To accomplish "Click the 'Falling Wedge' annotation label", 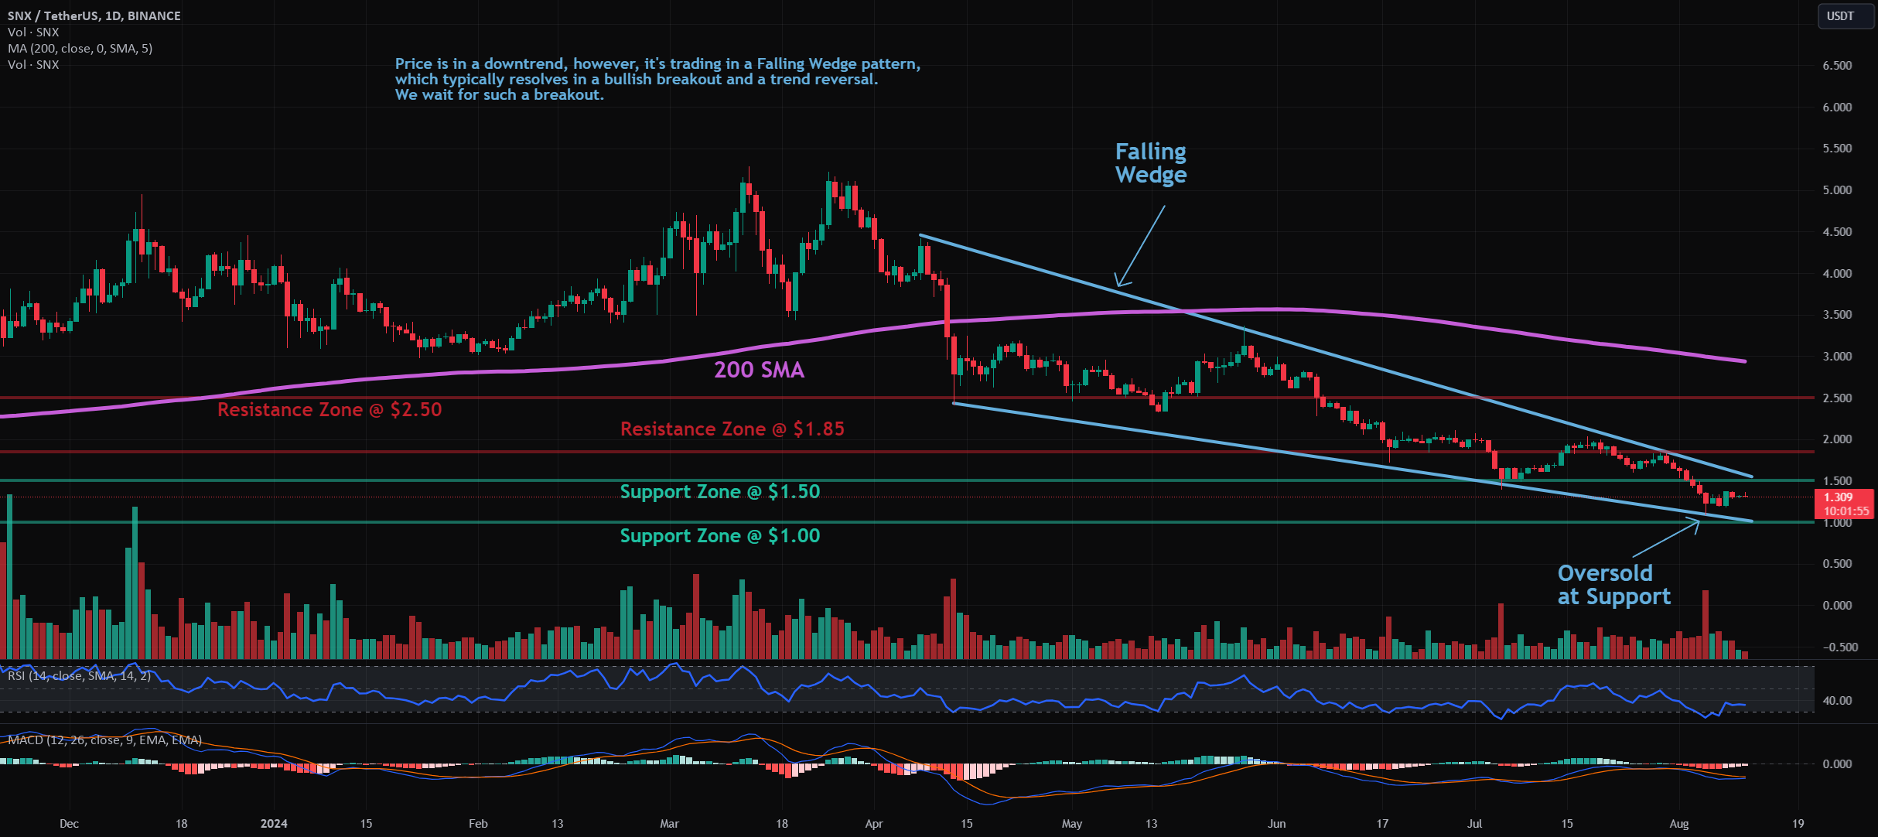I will click(1150, 163).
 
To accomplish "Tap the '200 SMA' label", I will click(759, 370).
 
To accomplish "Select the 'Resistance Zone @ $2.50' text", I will click(330, 409).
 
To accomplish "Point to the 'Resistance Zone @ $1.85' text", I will click(732, 429).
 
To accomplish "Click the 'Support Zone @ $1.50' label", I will click(719, 491).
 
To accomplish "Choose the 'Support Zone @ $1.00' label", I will click(719, 535).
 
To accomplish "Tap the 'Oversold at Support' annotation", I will click(1613, 585).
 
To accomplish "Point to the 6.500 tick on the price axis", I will click(1837, 66).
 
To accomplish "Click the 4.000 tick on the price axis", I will click(1837, 273).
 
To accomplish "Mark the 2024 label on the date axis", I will click(274, 823).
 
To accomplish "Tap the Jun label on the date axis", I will click(1276, 823).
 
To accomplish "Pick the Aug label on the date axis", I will click(1678, 823).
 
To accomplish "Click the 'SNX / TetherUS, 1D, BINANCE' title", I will click(94, 15).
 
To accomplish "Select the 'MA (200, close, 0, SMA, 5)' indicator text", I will click(80, 48).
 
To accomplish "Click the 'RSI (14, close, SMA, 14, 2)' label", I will click(79, 675).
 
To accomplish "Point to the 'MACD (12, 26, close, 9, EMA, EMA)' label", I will click(104, 740).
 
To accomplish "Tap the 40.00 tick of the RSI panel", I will click(1837, 701).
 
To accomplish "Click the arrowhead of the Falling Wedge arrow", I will click(1117, 285).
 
